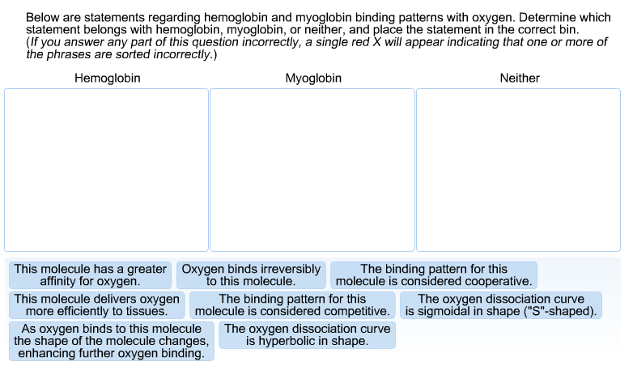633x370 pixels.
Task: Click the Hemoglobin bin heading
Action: [x=108, y=78]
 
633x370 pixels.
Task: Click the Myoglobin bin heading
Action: [x=313, y=78]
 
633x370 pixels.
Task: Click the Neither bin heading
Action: [x=520, y=78]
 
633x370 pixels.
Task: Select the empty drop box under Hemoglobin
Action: [x=106, y=170]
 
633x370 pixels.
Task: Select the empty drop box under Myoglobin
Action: [x=312, y=170]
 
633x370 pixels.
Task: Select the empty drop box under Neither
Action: [x=518, y=170]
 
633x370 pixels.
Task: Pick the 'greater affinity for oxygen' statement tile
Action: [x=90, y=275]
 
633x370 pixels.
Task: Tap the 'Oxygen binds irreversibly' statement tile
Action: [x=251, y=275]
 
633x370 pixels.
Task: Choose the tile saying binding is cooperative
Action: [x=434, y=275]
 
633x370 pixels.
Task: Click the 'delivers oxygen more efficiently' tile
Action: [x=97, y=305]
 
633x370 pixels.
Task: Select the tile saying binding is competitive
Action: [x=292, y=305]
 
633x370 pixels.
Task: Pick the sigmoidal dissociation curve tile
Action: [x=501, y=305]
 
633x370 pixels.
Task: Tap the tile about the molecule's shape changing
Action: [x=112, y=341]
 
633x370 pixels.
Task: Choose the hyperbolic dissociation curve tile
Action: [x=308, y=335]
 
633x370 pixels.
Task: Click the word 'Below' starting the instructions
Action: [x=42, y=17]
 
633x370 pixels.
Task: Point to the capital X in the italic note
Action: [x=376, y=42]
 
